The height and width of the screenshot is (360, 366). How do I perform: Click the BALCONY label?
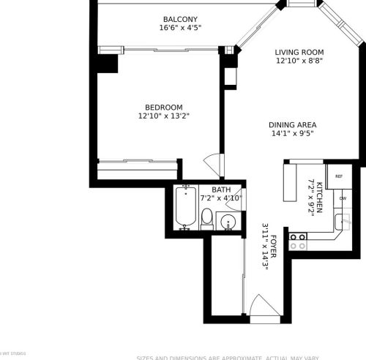(x=179, y=19)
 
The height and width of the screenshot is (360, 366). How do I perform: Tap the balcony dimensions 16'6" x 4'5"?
(x=179, y=29)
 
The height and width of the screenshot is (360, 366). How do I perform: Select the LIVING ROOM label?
(x=299, y=52)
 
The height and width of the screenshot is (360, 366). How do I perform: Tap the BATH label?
(x=221, y=190)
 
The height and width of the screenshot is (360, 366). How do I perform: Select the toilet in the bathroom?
(x=207, y=218)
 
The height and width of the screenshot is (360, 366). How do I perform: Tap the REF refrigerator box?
(x=340, y=176)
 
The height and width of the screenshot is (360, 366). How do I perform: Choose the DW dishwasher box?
(x=343, y=198)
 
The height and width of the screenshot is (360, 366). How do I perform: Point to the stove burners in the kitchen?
(x=297, y=241)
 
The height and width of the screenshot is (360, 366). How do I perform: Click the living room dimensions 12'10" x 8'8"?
(x=299, y=61)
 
